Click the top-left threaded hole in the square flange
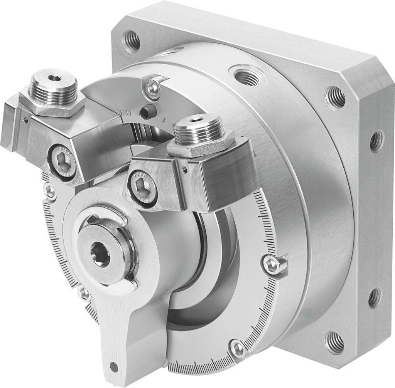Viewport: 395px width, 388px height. coord(131,40)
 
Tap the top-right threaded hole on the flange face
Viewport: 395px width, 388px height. coord(335,97)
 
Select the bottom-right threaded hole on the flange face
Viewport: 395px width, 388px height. coord(334,342)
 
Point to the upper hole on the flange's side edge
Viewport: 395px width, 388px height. coord(376,141)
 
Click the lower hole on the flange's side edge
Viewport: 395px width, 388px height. coord(374,297)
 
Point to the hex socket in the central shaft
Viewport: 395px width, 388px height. coord(100,255)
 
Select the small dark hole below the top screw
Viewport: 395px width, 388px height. coord(147,112)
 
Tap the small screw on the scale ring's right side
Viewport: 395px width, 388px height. coord(272,265)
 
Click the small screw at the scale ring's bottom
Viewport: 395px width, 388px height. coord(238,348)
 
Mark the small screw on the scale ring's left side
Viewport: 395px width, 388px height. coord(49,191)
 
